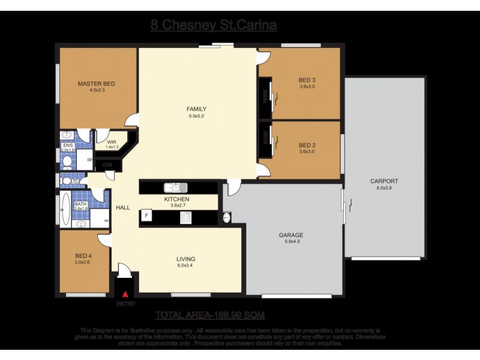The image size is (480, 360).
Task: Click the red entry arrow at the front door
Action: pyautogui.click(x=125, y=295)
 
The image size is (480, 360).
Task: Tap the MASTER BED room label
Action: pyautogui.click(x=96, y=84)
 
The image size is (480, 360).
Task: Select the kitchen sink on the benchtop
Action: pyautogui.click(x=178, y=187)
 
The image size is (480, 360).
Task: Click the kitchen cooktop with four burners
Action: pyautogui.click(x=185, y=217)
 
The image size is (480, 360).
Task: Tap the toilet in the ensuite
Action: pyautogui.click(x=67, y=161)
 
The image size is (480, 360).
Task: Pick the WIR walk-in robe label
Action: pyautogui.click(x=112, y=142)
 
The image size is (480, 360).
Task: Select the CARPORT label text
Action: pyautogui.click(x=384, y=181)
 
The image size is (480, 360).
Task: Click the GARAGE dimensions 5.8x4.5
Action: pyautogui.click(x=290, y=242)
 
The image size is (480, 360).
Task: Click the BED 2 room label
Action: pyautogui.click(x=307, y=145)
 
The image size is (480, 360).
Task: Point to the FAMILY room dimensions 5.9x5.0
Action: pyautogui.click(x=196, y=116)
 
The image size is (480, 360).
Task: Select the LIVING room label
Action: pyautogui.click(x=186, y=259)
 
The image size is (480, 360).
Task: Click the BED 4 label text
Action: pyautogui.click(x=83, y=255)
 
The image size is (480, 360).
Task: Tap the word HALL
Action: pyautogui.click(x=123, y=208)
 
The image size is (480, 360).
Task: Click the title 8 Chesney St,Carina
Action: pyautogui.click(x=214, y=25)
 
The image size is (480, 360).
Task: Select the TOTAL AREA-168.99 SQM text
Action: pyautogui.click(x=210, y=315)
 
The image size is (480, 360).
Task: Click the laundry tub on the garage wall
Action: pyautogui.click(x=227, y=217)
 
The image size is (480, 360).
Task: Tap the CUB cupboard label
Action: pyautogui.click(x=107, y=164)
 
